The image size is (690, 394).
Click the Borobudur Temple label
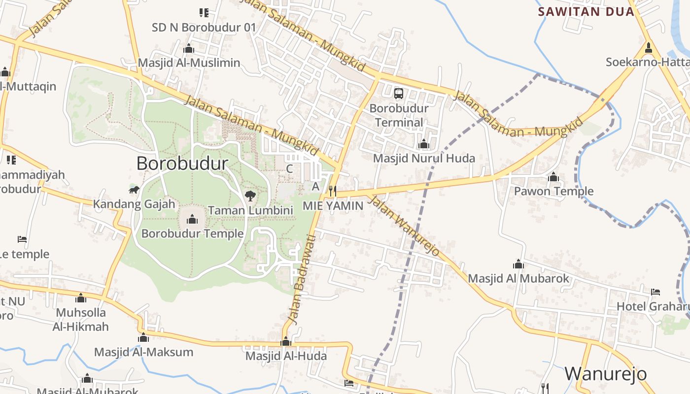pos(192,233)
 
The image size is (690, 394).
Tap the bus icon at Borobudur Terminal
pos(399,93)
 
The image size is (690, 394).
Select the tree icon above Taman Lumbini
pos(250,196)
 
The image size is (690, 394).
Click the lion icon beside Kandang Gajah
pos(134,190)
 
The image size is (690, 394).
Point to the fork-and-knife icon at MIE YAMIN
pos(333,190)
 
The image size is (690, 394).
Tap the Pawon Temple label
pos(553,191)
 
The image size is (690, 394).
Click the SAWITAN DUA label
pos(586,12)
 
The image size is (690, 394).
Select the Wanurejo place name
pos(605,374)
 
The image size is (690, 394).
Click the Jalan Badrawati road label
pos(304,280)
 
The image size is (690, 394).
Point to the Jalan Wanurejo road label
pos(404,226)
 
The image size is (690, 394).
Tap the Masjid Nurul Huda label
pos(424,158)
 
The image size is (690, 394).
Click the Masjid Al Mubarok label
pos(518,278)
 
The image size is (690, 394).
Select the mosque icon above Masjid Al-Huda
pos(286,342)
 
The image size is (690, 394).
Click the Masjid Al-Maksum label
pos(143,352)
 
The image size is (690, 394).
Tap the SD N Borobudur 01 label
pos(204,28)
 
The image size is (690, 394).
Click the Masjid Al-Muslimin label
pos(189,63)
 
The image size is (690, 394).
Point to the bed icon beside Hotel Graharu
pos(655,292)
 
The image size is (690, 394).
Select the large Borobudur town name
pos(182,164)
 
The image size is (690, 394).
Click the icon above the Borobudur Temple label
pos(192,219)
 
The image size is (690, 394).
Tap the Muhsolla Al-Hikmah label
pos(82,319)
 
